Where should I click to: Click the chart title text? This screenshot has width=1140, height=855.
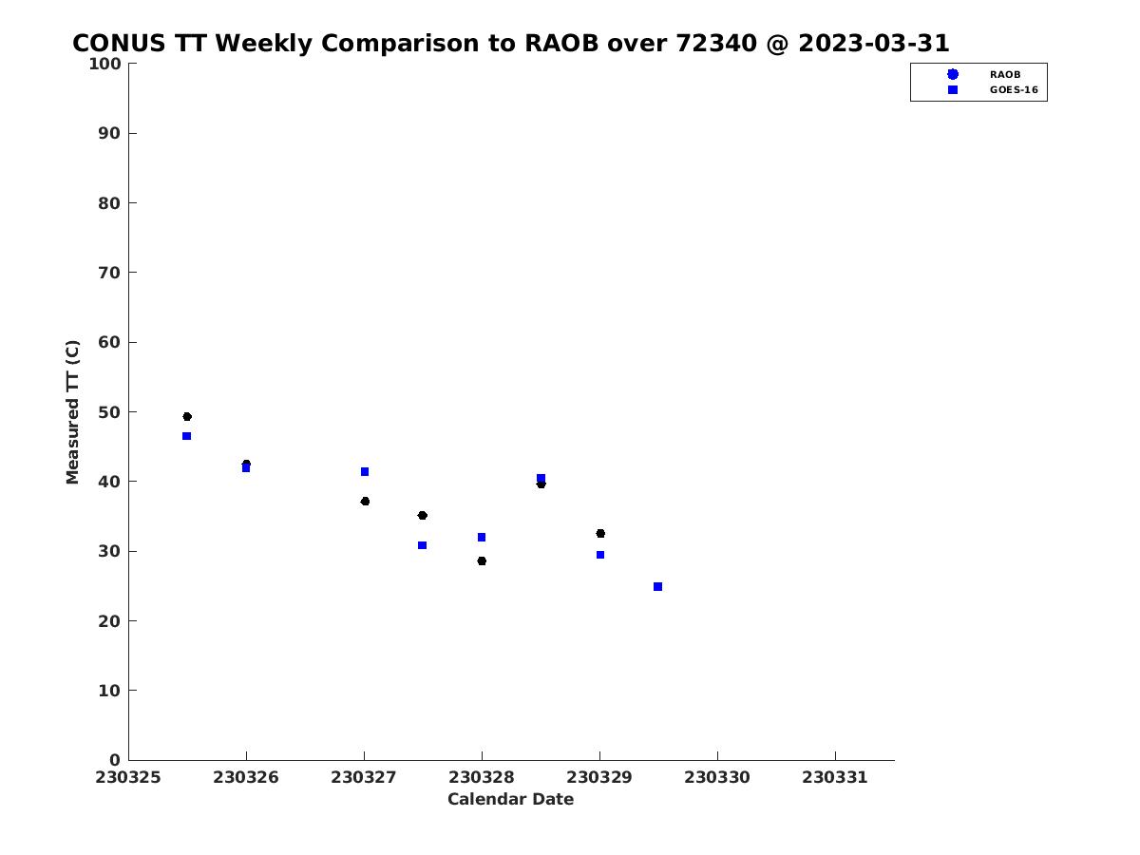(x=510, y=43)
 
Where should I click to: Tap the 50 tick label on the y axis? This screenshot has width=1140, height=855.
(x=109, y=412)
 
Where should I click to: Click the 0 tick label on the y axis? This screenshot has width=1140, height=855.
(x=115, y=760)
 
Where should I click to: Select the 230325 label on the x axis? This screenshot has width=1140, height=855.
(x=128, y=778)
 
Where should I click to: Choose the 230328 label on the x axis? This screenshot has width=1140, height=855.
(x=482, y=778)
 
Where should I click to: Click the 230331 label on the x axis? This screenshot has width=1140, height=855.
(x=835, y=778)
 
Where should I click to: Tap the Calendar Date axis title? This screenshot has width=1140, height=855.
(x=510, y=799)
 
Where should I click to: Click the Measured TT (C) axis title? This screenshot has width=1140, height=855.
(x=73, y=412)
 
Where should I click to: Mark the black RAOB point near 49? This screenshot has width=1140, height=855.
(x=187, y=416)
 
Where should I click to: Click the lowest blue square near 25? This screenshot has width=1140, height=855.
(x=657, y=586)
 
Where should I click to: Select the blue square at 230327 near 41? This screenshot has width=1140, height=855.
(x=365, y=471)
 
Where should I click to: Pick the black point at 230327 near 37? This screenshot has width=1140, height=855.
(x=365, y=501)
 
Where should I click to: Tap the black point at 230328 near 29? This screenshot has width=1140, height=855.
(x=482, y=560)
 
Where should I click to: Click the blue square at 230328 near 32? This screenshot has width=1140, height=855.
(x=482, y=537)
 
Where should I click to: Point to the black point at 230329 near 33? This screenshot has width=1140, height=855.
(x=600, y=533)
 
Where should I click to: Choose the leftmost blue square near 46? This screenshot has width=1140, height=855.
(x=186, y=436)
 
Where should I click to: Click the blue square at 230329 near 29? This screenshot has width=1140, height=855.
(x=600, y=555)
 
